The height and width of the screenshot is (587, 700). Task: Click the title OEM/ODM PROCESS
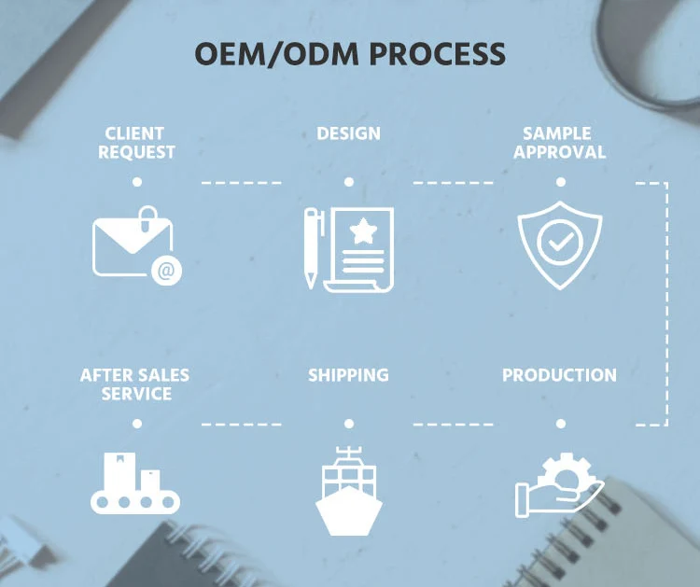point(350,53)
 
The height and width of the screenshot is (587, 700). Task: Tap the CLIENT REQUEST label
point(136,143)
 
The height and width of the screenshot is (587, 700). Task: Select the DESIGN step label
point(348,133)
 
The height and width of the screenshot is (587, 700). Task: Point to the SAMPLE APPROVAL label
point(559,143)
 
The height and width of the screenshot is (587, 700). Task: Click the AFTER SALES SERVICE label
point(134,384)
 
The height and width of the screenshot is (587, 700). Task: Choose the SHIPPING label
point(348,375)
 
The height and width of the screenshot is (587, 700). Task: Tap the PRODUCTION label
point(559,375)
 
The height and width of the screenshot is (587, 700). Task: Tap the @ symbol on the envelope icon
point(166,272)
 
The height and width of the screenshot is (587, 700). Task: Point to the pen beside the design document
point(312,247)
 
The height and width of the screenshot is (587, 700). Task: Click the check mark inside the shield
point(560,245)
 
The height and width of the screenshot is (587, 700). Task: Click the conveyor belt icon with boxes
point(134,484)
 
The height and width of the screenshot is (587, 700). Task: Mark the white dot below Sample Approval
point(560,182)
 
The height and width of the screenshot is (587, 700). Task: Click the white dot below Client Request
point(137,182)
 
